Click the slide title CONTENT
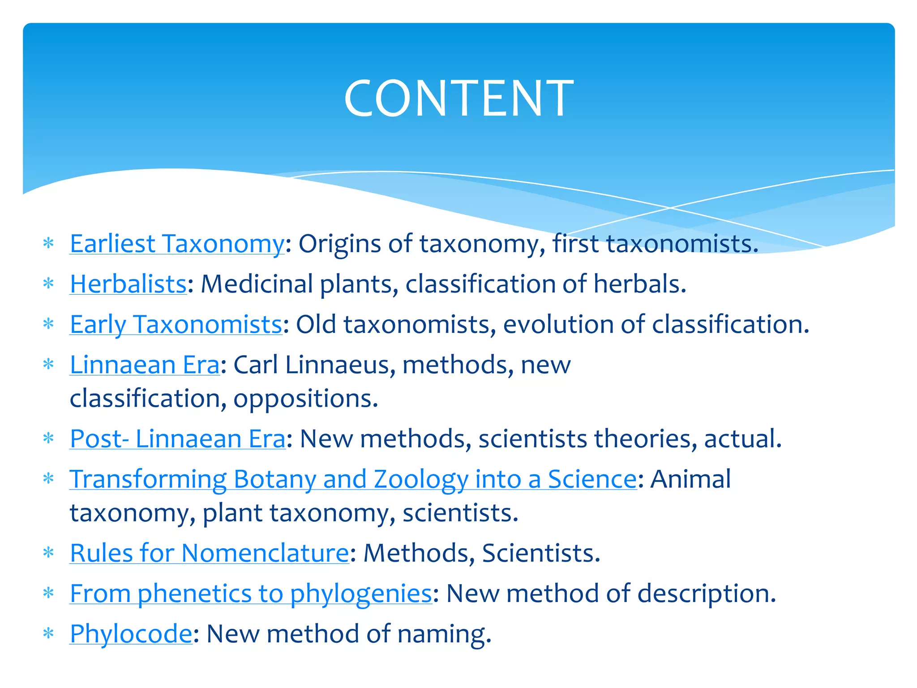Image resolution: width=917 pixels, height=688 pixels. (x=458, y=99)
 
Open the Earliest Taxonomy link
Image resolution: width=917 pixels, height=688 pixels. (x=177, y=244)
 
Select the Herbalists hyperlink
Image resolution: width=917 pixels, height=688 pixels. (x=128, y=284)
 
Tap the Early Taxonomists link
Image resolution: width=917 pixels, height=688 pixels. (x=176, y=325)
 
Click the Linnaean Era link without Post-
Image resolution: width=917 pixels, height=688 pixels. (x=145, y=365)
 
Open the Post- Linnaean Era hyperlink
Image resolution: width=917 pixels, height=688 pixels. (x=177, y=439)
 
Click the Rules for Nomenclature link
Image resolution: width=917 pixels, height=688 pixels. (x=209, y=553)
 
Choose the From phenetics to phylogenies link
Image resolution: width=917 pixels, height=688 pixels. (x=251, y=594)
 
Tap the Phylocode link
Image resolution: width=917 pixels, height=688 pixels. (x=131, y=634)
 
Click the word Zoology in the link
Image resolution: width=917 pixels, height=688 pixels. (x=420, y=480)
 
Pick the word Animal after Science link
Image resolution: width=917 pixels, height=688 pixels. (x=690, y=479)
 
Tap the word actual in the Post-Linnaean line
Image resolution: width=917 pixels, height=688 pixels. (x=742, y=439)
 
